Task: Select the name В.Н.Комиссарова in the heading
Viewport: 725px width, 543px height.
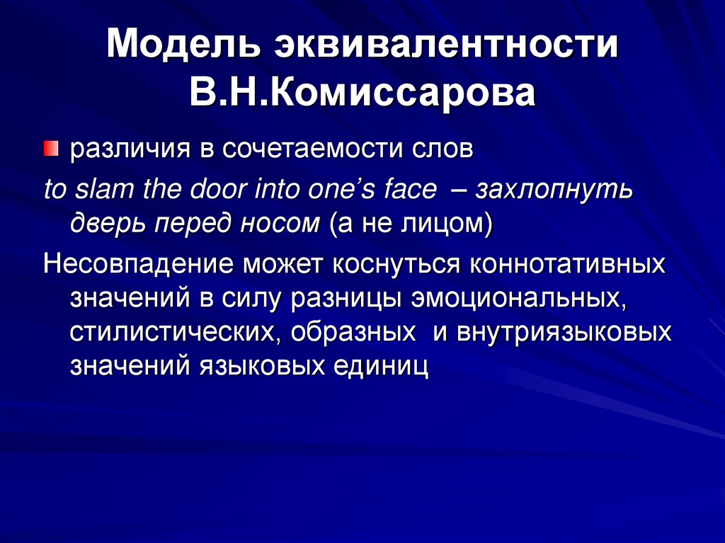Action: (362, 93)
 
